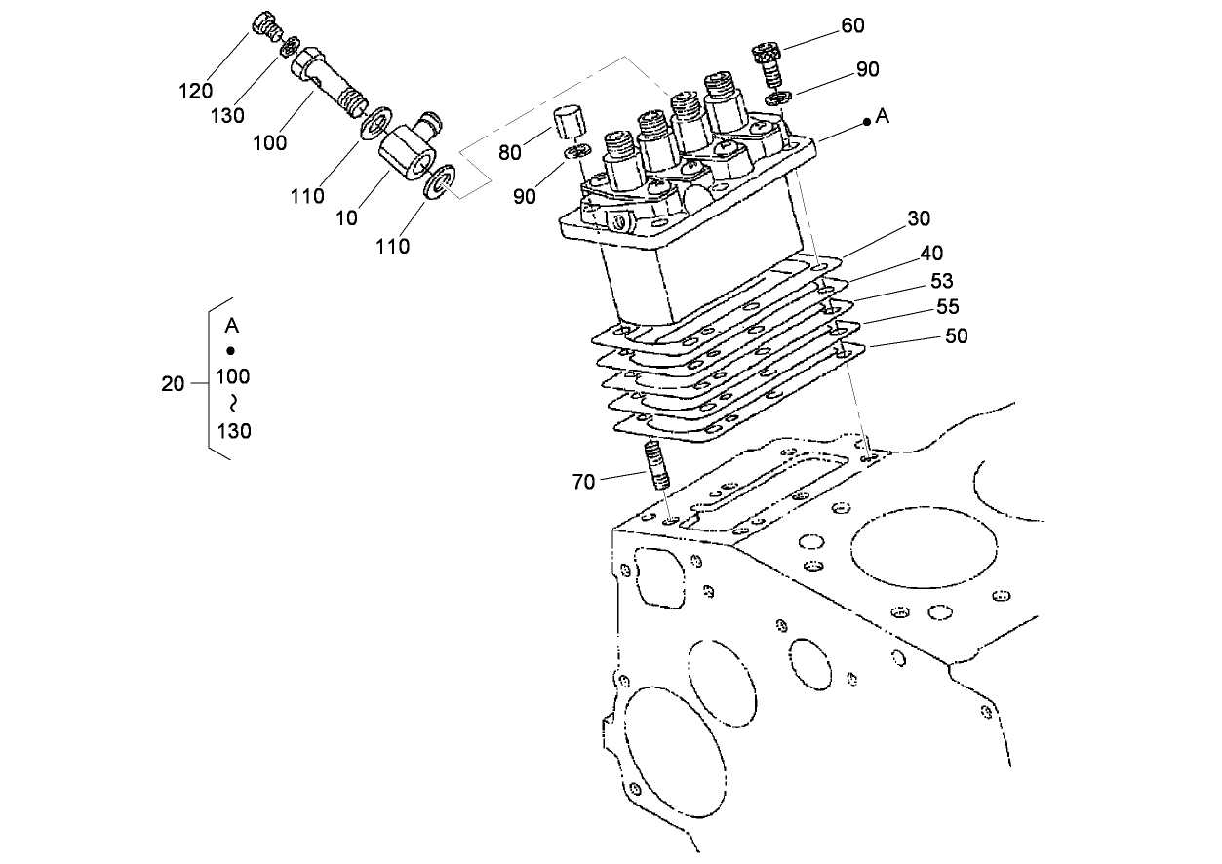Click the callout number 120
[195, 91]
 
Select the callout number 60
[852, 25]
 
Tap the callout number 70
[583, 481]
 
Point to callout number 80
[509, 153]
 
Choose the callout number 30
[919, 218]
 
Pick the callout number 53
[941, 281]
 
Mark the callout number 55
[947, 306]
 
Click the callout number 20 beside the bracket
[173, 384]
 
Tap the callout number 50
[957, 335]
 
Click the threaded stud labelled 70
[656, 466]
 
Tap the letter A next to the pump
[883, 116]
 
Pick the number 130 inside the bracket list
[233, 430]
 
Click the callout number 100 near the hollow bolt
[269, 142]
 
